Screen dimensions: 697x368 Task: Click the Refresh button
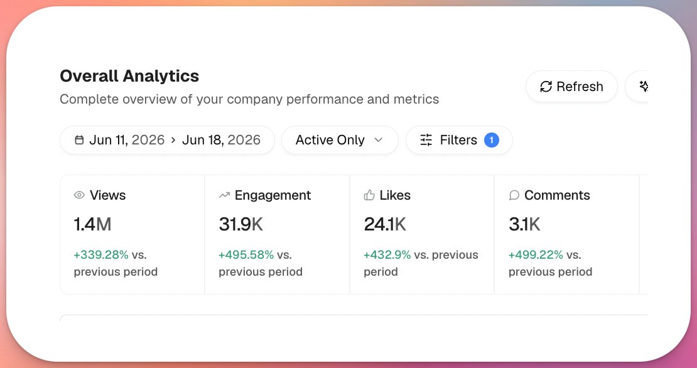click(571, 86)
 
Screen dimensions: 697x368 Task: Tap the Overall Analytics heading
click(129, 76)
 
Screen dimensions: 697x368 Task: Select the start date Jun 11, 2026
click(127, 140)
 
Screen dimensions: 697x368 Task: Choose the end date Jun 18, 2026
click(222, 140)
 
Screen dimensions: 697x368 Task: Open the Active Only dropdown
click(340, 140)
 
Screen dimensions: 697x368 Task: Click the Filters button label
click(458, 140)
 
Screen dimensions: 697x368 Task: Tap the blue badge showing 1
click(492, 140)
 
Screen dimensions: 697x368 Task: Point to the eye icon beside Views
click(79, 195)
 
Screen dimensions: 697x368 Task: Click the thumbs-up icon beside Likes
click(369, 195)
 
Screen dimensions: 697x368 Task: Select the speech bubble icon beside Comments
click(514, 195)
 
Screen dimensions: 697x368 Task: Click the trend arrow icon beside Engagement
click(224, 195)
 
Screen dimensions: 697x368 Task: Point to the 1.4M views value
click(92, 224)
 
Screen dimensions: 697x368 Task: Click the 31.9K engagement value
click(241, 224)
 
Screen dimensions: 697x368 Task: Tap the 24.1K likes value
click(385, 224)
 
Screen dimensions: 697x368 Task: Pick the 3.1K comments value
click(524, 224)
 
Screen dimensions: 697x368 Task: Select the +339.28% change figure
click(101, 255)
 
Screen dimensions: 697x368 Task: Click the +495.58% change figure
click(246, 255)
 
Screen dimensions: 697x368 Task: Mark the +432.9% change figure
click(387, 255)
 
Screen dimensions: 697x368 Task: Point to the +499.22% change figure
click(536, 255)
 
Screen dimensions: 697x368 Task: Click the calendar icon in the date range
click(79, 140)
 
